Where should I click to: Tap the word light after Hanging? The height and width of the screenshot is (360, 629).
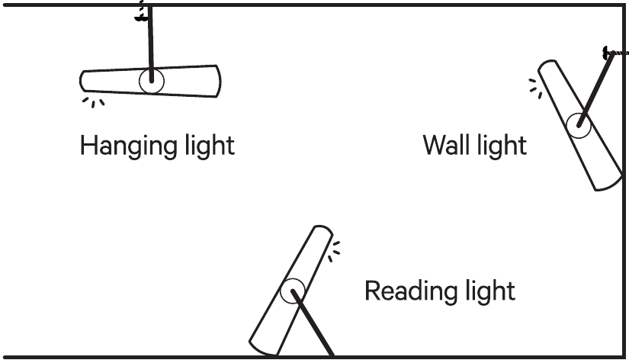tap(210, 146)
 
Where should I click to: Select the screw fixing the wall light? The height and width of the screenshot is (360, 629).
tap(616, 53)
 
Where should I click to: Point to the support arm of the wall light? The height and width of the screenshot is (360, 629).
tap(595, 90)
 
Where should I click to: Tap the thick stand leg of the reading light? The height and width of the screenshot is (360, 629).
tap(313, 323)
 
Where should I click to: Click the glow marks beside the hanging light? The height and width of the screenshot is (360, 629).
tap(94, 102)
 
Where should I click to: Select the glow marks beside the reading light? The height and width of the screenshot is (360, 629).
tap(334, 252)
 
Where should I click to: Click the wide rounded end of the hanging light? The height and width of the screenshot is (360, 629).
tap(218, 81)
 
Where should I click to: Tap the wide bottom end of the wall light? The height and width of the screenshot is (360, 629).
tap(609, 185)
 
